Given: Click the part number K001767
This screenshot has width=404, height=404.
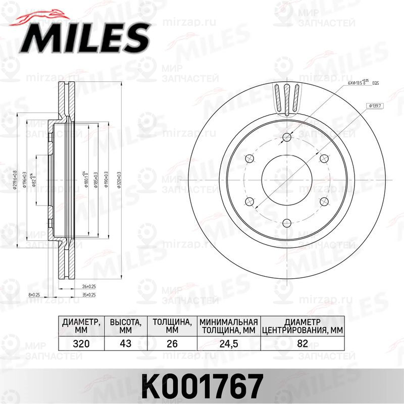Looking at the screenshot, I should [201, 386].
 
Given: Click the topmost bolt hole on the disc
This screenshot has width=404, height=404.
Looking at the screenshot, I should [287, 137].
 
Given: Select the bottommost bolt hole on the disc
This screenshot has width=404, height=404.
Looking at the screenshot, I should [287, 223].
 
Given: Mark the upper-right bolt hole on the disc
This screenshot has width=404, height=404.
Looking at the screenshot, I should [324, 159].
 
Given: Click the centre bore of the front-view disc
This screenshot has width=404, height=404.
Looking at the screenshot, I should [287, 180].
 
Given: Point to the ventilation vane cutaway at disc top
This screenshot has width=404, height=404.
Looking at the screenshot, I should [287, 98].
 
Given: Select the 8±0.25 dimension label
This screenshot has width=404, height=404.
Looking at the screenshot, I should [34, 294].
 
